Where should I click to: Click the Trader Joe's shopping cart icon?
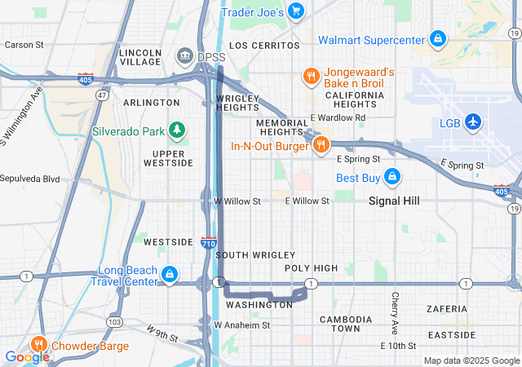point(296,11)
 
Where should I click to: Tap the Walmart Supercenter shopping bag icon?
point(438,38)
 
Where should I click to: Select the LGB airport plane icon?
point(473,122)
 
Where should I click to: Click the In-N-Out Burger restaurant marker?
point(321,145)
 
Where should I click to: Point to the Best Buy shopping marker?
point(392,177)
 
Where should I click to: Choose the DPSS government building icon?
point(184,56)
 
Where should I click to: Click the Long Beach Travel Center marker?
point(170,274)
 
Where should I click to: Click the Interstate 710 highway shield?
point(208,242)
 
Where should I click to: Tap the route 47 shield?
point(102,95)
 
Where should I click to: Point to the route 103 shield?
point(115,322)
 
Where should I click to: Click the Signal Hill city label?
point(394,201)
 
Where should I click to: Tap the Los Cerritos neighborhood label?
point(259,46)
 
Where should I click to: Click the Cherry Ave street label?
point(396,312)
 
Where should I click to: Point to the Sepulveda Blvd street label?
point(30,179)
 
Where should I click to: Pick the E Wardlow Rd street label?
point(337,118)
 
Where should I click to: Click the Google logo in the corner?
point(27,356)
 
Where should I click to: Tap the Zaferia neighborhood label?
point(447,309)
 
